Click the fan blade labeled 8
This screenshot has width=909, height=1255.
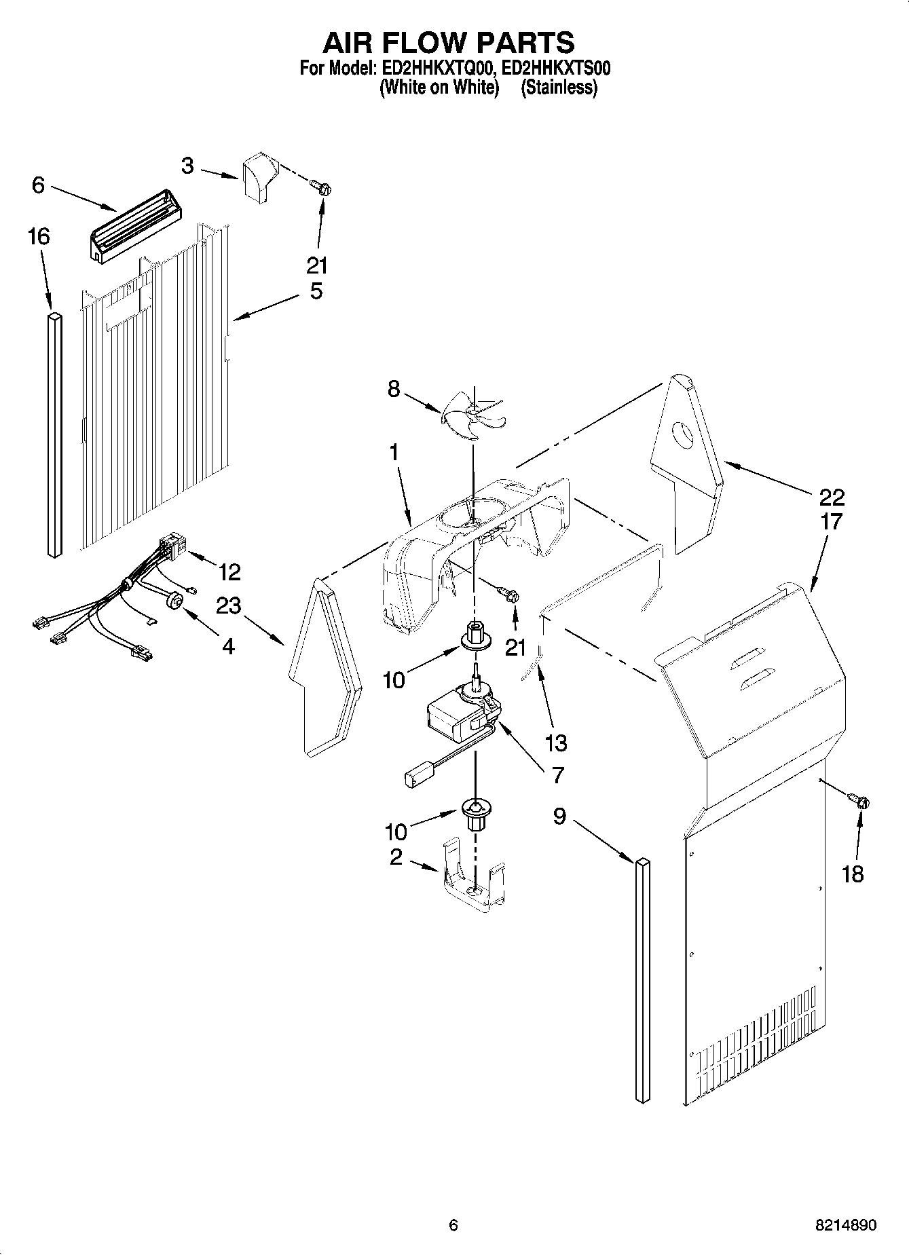tap(474, 415)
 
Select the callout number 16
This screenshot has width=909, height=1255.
tap(39, 237)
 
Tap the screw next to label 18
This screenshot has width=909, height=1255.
tap(860, 801)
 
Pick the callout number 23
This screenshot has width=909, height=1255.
tap(228, 605)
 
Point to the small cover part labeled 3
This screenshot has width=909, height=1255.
tap(259, 176)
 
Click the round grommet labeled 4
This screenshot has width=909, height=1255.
tap(176, 601)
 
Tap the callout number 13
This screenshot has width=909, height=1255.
tap(555, 743)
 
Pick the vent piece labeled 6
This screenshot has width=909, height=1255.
tap(134, 225)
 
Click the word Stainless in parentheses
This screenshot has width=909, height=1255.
tap(559, 88)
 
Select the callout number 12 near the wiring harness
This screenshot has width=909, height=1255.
tap(229, 572)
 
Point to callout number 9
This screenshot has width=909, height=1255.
tap(559, 816)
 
